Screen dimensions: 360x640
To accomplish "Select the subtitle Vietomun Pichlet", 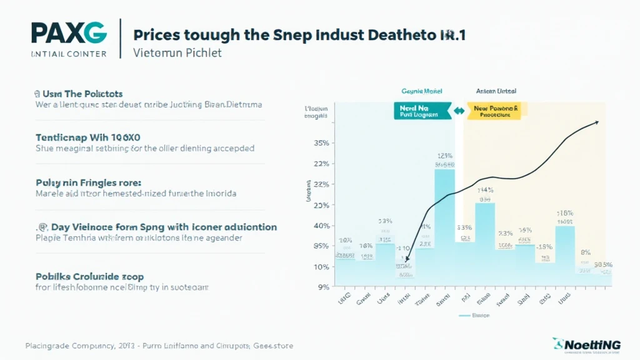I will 178,53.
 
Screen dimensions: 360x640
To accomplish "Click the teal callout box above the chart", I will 422,111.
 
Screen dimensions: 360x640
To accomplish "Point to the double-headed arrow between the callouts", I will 459,111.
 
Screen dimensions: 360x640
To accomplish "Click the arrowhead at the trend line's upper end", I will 596,122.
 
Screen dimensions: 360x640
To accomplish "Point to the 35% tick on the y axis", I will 321,143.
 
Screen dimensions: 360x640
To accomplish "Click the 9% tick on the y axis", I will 324,287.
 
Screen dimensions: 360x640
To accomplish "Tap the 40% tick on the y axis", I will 321,226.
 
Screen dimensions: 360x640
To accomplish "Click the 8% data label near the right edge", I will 586,252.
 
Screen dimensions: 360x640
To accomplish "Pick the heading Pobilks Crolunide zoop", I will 89,276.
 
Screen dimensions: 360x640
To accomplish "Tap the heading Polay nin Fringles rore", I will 88,182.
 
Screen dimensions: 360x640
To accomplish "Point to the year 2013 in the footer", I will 126,346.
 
